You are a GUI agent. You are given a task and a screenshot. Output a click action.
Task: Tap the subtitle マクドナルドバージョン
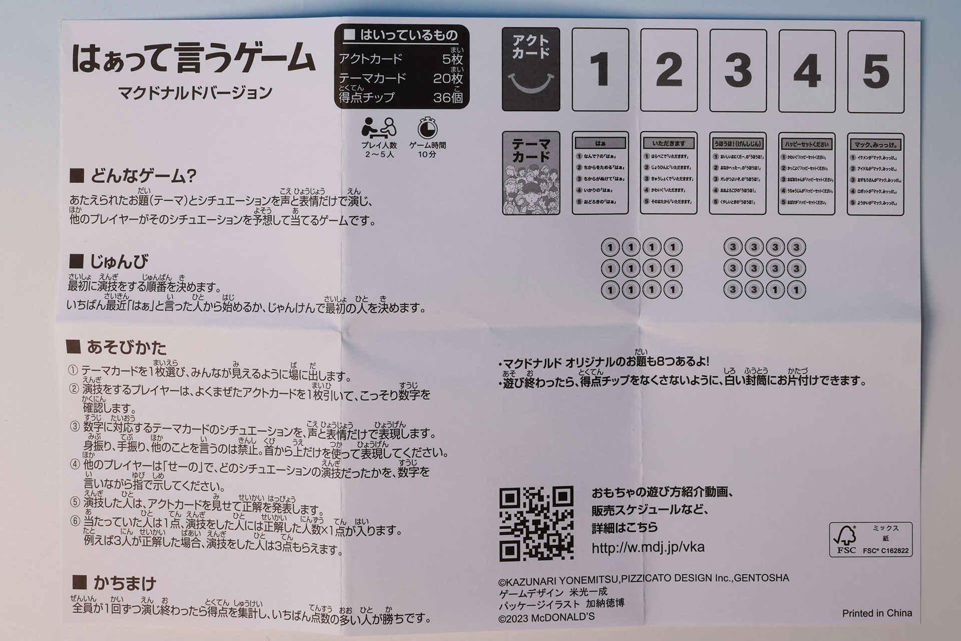[x=195, y=93]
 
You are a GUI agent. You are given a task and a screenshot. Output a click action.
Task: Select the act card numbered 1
[x=600, y=70]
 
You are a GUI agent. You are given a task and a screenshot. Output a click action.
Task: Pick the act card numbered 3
[x=738, y=70]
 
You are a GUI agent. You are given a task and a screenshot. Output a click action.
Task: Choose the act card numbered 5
[x=876, y=71]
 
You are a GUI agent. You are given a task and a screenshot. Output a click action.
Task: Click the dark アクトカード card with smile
[x=531, y=69]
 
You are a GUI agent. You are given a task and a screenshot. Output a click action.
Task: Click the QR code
[x=537, y=523]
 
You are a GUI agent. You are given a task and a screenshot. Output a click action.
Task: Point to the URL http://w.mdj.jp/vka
[x=648, y=547]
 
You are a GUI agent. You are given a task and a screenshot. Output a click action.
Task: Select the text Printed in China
[x=877, y=613]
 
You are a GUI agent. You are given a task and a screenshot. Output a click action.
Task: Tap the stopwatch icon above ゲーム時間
[x=427, y=129]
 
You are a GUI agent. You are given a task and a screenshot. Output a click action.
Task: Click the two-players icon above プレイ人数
[x=378, y=128]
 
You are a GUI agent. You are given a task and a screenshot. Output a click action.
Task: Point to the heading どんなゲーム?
[x=134, y=176]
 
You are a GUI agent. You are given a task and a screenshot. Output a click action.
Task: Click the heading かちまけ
[x=115, y=583]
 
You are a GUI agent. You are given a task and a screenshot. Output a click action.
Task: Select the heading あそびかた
[x=117, y=347]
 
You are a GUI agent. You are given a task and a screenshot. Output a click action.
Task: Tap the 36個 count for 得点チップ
[x=448, y=97]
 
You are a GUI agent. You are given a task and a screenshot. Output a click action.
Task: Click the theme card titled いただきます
[x=669, y=174]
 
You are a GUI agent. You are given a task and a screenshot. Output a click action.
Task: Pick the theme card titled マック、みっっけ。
[x=875, y=175]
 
